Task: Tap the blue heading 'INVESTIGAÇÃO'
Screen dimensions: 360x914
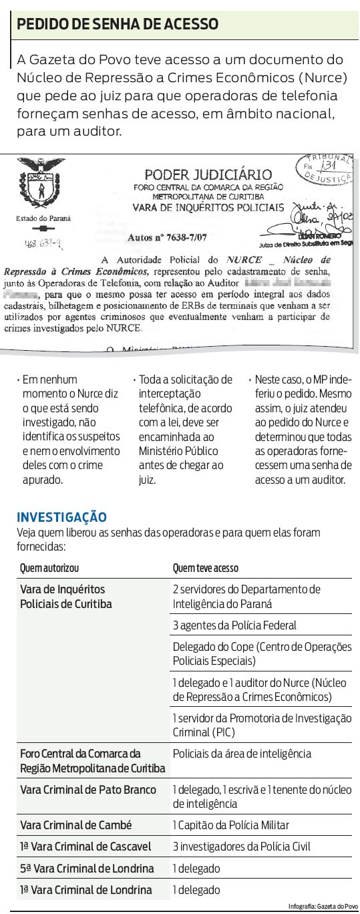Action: point(61,517)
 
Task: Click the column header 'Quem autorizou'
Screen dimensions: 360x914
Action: point(49,569)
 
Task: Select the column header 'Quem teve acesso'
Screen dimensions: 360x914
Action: point(205,569)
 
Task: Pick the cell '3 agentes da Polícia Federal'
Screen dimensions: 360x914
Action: point(234,625)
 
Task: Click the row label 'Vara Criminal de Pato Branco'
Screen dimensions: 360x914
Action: point(88,790)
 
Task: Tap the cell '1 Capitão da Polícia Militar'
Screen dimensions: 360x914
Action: point(230,825)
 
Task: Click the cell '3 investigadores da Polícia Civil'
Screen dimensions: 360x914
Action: point(242,847)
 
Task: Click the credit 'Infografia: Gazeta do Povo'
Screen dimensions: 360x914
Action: point(323,905)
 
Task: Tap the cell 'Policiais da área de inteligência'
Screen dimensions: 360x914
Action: point(242,754)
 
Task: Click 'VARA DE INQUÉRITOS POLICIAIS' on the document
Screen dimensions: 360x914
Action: point(208,207)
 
